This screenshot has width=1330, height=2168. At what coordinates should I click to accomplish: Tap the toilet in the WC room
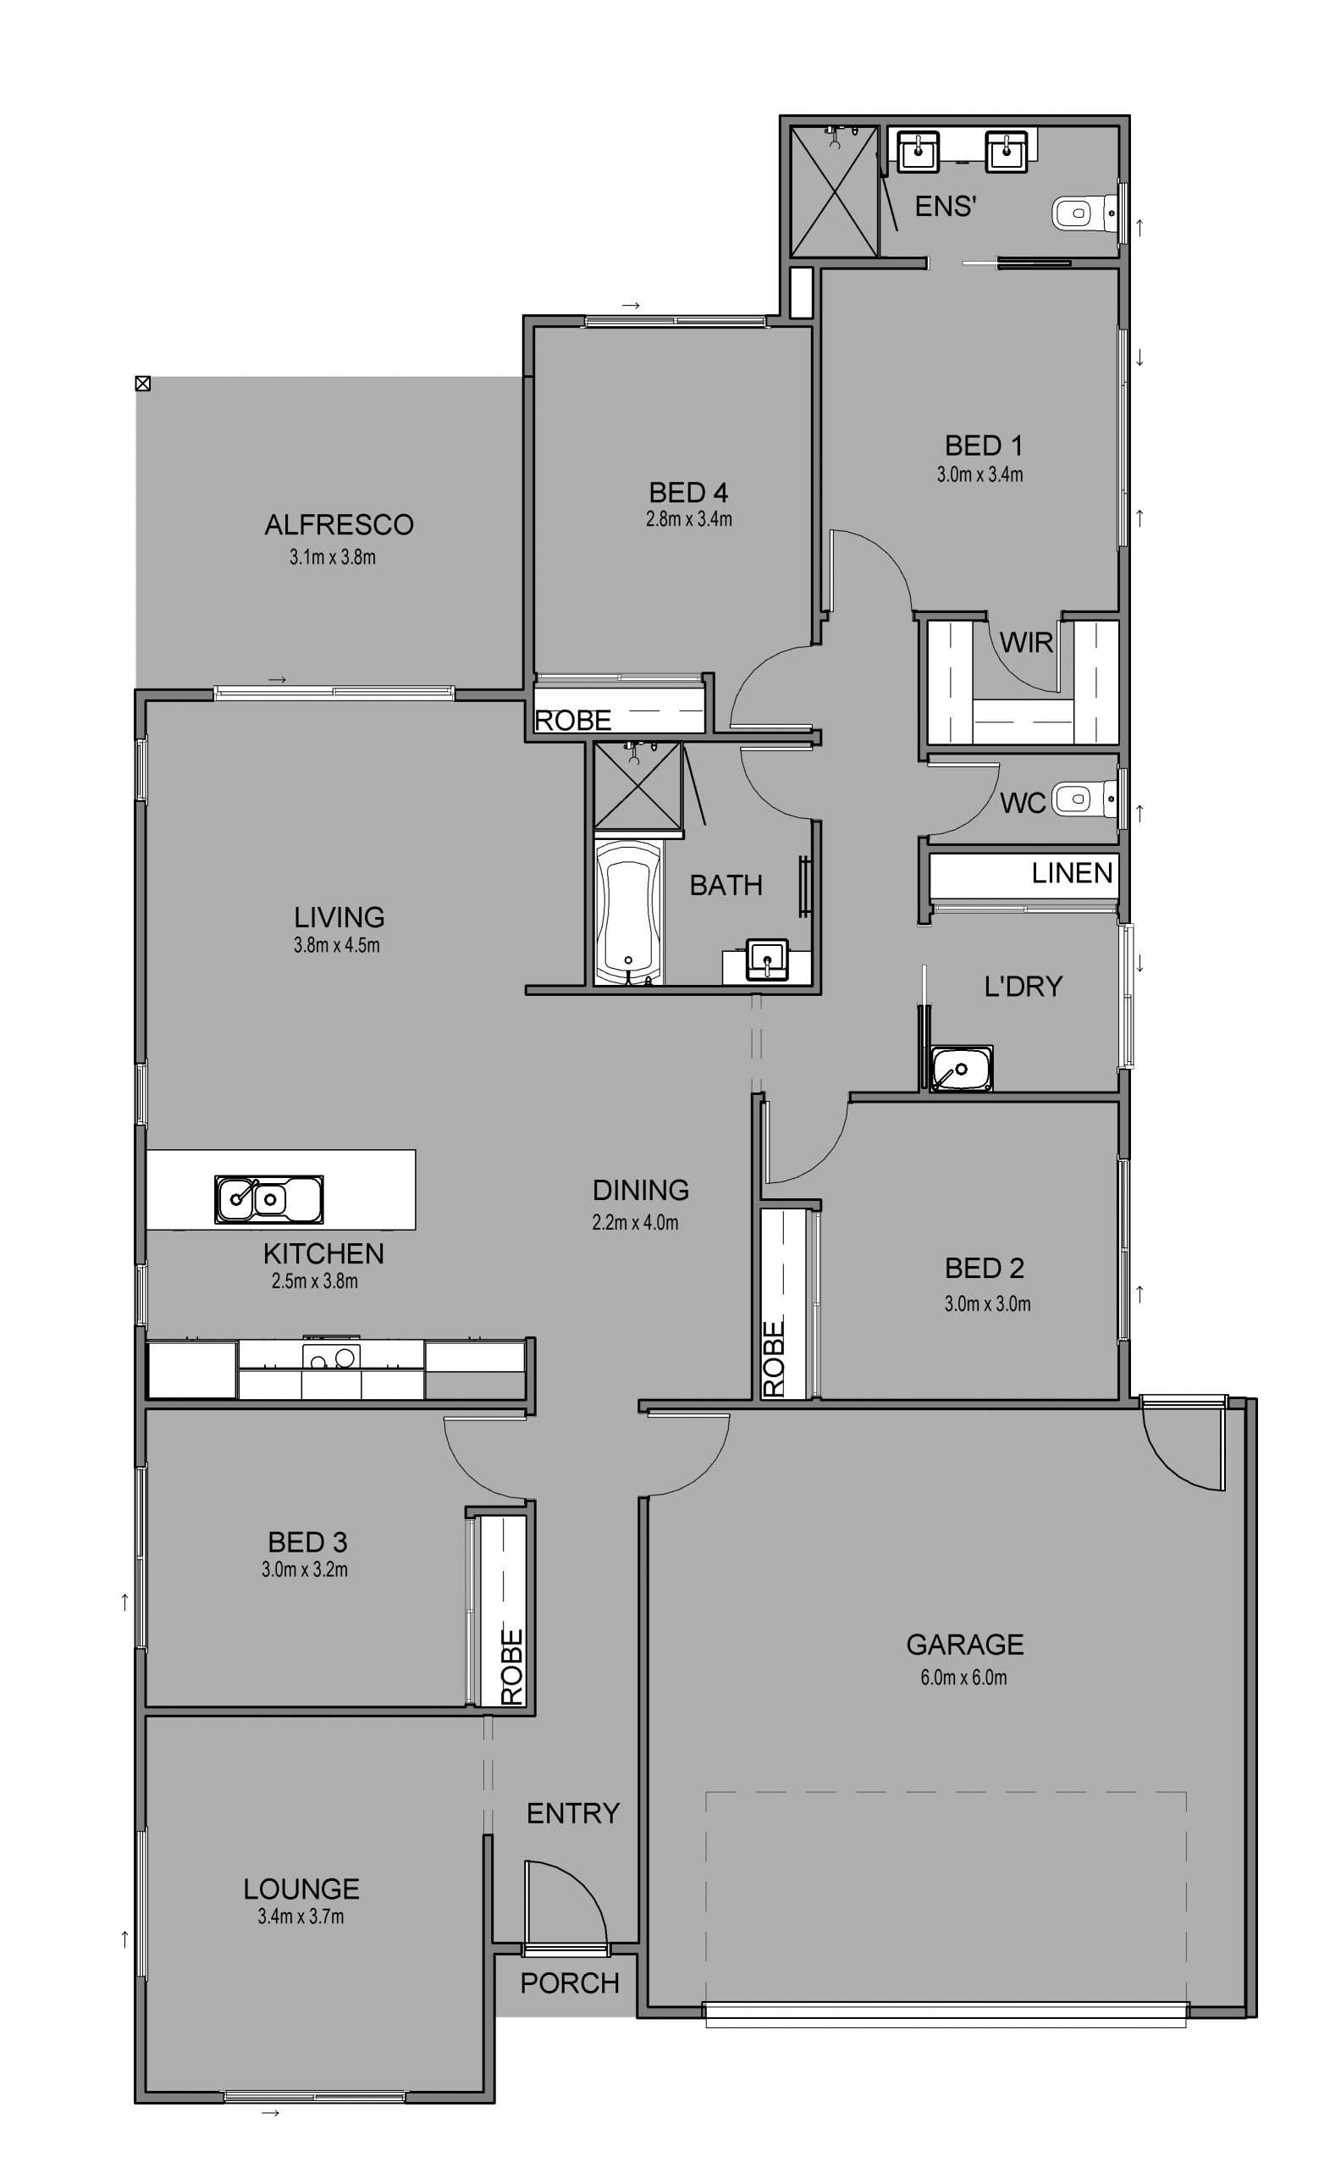[1087, 799]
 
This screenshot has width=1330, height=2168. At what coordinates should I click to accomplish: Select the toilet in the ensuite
[1087, 212]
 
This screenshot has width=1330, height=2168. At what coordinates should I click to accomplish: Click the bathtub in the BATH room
[627, 910]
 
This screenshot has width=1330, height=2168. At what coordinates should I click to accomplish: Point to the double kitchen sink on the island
[268, 1198]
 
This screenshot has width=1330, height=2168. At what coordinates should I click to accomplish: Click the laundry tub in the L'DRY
[962, 1069]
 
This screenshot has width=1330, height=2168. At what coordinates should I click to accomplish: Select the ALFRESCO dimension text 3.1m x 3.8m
[333, 557]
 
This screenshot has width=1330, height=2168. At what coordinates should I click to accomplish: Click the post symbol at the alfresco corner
[142, 383]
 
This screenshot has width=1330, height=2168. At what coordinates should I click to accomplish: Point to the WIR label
[1027, 643]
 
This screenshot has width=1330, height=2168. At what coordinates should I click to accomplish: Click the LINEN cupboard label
[1073, 873]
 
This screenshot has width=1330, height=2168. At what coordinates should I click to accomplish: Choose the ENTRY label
[572, 1813]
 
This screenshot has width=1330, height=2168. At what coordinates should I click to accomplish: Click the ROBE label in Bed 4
[572, 721]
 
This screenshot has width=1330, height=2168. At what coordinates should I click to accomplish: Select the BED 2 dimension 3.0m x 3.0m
[987, 1304]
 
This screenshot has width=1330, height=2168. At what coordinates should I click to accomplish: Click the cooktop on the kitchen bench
[331, 1356]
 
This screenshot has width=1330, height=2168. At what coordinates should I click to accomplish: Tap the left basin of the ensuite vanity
[919, 151]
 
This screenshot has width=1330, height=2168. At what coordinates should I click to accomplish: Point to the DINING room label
[640, 1191]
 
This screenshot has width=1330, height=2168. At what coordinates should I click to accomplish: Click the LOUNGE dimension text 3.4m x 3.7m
[301, 1916]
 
